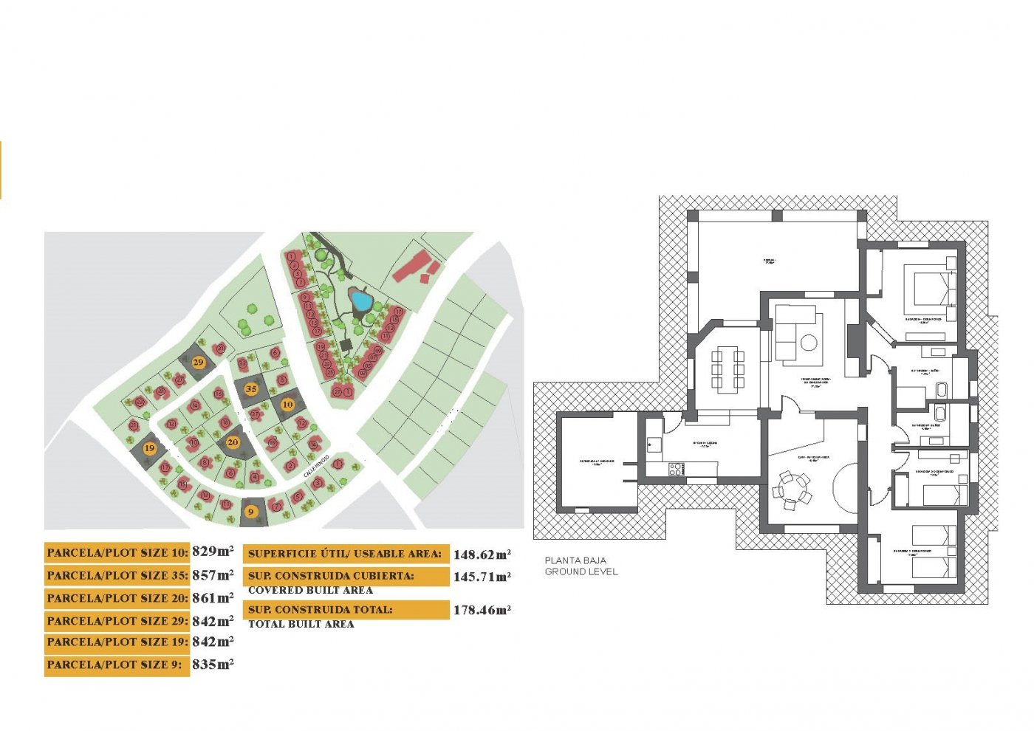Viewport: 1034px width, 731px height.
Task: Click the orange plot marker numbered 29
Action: click(198, 363)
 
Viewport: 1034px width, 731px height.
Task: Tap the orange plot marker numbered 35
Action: click(251, 388)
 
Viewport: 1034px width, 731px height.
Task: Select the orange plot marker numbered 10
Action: click(287, 404)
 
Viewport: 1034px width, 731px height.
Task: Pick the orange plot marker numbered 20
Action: click(233, 442)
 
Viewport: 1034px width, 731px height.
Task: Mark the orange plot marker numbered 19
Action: click(150, 448)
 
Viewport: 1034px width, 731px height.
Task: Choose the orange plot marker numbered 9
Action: click(251, 511)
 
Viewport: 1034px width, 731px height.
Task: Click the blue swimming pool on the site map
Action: click(360, 300)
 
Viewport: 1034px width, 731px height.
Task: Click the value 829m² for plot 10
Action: click(213, 551)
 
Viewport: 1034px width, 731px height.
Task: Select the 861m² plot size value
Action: click(213, 597)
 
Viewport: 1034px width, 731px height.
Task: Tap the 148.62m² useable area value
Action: click(482, 554)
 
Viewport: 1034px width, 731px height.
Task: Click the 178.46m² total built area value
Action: click(482, 610)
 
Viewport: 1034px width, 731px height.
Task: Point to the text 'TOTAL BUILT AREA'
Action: click(301, 624)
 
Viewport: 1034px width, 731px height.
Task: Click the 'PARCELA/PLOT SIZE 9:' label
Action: click(114, 665)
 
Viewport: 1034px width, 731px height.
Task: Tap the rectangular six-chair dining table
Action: click(727, 368)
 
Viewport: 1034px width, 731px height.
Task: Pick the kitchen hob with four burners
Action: click(676, 468)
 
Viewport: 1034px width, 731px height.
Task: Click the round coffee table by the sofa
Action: click(809, 343)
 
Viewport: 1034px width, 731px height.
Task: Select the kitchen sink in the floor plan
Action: click(654, 444)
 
